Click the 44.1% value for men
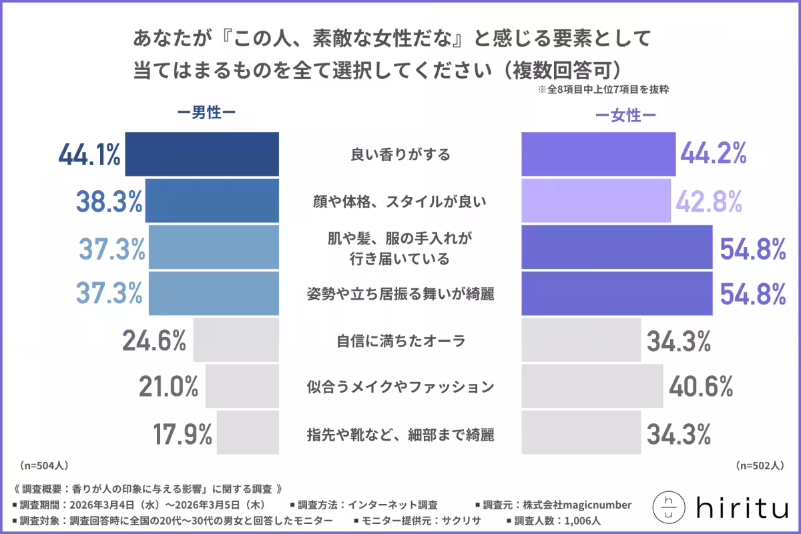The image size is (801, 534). (89, 155)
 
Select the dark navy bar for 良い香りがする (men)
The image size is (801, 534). (202, 154)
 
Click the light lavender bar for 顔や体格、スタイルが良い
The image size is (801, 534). (596, 200)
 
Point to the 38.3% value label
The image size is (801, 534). (108, 200)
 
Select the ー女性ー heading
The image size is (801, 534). (625, 116)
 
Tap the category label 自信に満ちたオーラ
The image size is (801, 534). (399, 341)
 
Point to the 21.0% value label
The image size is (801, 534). (169, 386)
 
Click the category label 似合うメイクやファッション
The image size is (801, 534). (400, 387)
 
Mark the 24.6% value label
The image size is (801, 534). (154, 341)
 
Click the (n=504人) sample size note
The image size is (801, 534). (43, 465)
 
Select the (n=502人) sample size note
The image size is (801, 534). (760, 465)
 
